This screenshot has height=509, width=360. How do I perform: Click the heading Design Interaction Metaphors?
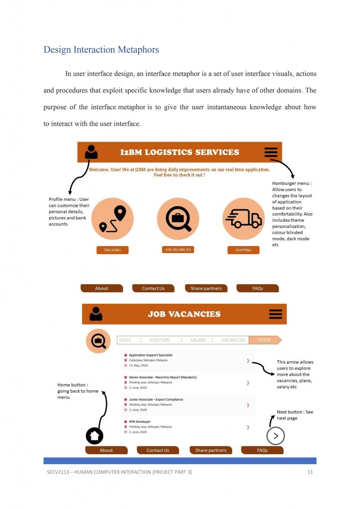101,50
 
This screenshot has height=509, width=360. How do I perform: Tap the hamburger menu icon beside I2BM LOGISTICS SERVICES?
271,153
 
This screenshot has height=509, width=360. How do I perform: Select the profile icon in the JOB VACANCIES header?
96,314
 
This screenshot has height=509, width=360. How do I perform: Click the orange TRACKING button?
112,250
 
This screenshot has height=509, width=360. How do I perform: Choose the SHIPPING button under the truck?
244,250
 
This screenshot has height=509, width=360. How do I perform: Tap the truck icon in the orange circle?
244,218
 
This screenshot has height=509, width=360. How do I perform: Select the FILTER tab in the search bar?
265,340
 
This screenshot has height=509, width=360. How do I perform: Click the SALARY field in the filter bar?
198,340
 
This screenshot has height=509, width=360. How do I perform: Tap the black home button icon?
95,436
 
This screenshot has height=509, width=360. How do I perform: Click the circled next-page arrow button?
275,436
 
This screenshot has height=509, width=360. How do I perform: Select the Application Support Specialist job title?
151,355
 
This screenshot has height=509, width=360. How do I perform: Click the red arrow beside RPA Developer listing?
248,427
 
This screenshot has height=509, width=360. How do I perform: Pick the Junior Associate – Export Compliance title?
156,399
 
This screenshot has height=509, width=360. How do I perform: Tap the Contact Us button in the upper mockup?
153,288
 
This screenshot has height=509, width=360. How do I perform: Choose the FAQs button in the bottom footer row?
262,450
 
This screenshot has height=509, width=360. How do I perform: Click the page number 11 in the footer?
310,472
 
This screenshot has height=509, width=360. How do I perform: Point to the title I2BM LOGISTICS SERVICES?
180,152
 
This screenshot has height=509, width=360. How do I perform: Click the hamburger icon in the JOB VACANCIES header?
275,314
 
